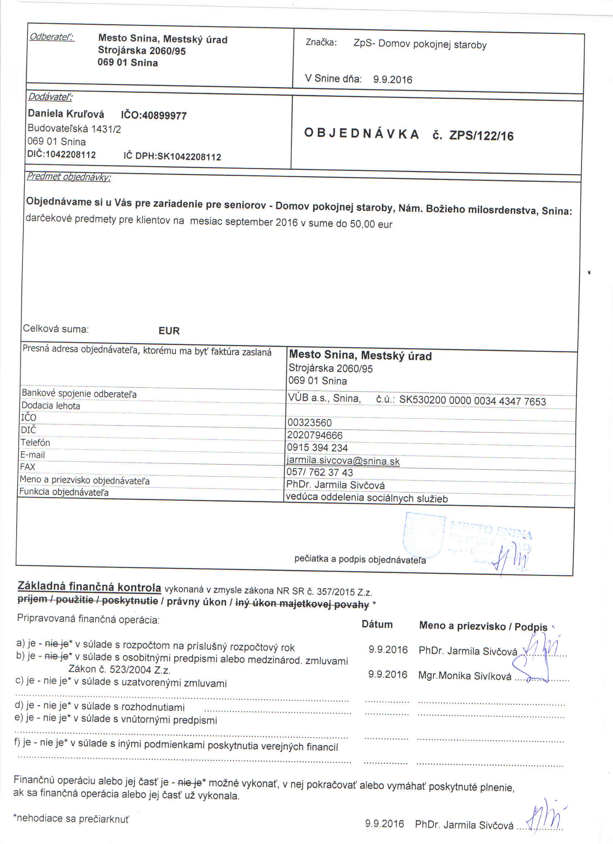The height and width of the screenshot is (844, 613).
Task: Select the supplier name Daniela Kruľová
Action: tap(66, 113)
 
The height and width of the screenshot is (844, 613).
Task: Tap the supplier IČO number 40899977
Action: tap(164, 116)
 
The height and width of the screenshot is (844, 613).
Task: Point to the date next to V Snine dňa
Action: tap(392, 79)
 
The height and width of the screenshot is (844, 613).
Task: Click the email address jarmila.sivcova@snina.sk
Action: tap(343, 461)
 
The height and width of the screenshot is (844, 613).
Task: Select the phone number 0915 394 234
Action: tap(317, 448)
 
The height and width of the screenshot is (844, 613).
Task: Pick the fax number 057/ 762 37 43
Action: tap(320, 473)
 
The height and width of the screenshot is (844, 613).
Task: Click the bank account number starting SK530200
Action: tap(472, 401)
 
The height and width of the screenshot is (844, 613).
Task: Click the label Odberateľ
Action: tap(52, 37)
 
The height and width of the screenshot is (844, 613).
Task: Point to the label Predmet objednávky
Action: tap(68, 177)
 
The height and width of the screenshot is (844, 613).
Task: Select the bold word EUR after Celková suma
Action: tap(169, 331)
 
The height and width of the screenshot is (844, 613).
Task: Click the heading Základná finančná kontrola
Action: tap(89, 587)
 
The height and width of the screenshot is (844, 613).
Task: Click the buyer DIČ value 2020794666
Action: tap(314, 435)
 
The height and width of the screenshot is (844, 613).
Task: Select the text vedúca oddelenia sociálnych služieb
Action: tap(366, 498)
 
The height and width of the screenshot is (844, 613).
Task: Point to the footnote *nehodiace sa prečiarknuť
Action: tap(72, 818)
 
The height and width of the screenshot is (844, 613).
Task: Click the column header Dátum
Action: tap(377, 624)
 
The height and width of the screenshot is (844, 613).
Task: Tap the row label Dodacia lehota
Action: tap(51, 406)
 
